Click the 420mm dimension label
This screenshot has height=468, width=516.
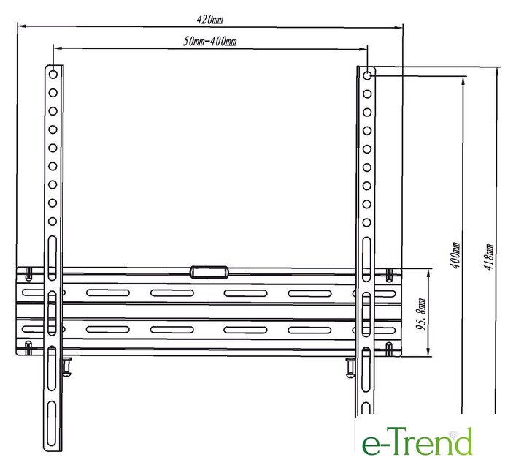coord(210,20)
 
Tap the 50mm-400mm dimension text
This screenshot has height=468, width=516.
coord(209,42)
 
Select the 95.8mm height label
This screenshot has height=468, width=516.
coord(421,314)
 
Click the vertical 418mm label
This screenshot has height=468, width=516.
coord(489,257)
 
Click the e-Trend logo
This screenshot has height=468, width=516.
coord(417,441)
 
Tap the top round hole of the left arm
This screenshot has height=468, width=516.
coord(53,74)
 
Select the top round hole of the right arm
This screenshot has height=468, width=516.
coord(367,76)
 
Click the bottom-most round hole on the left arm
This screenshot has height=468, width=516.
coord(53,222)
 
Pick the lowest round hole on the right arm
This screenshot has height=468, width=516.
coord(366,222)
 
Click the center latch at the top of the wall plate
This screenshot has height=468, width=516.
coord(209,273)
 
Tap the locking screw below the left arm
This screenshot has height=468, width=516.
coord(67,367)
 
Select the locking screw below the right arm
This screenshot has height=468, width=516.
coord(350,367)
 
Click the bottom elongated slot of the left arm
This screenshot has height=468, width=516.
coord(51,423)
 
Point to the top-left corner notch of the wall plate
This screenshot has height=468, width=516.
coord(29,273)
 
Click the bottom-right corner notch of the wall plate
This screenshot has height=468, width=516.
coord(389,349)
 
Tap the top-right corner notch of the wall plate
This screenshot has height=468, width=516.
coord(389,275)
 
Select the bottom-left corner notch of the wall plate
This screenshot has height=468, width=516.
coord(28,347)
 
